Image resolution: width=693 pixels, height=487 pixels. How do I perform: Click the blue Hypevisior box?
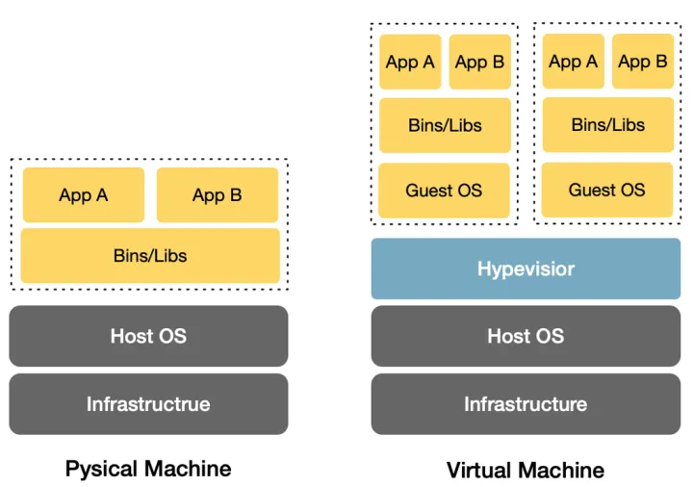click(526, 269)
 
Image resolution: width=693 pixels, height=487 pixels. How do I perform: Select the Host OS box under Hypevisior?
click(526, 336)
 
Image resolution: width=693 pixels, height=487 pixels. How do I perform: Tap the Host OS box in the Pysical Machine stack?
click(148, 336)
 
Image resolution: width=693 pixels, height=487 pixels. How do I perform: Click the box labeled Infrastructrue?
click(148, 404)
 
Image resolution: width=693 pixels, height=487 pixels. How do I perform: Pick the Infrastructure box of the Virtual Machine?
click(526, 404)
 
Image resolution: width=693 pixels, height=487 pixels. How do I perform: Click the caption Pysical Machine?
click(148, 469)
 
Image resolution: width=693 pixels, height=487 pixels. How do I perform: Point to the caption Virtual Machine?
click(526, 470)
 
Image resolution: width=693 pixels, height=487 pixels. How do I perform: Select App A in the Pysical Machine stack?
click(84, 194)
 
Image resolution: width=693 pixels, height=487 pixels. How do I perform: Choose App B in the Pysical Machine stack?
click(218, 194)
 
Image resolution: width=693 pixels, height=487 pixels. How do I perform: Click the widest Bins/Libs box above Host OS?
click(150, 256)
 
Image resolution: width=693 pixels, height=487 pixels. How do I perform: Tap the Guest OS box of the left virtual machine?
click(444, 191)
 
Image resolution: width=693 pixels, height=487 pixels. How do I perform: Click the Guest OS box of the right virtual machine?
click(607, 190)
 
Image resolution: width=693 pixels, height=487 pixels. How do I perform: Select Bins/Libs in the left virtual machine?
click(445, 125)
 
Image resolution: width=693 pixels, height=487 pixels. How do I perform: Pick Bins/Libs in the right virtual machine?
click(608, 125)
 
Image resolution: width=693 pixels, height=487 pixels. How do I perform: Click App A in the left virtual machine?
click(410, 62)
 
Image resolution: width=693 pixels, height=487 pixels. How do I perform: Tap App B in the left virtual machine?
click(480, 62)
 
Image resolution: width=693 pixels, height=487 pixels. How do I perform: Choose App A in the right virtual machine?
click(574, 62)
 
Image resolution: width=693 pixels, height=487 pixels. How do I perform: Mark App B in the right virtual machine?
click(643, 62)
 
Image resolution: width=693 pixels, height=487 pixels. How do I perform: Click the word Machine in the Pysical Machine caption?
click(188, 469)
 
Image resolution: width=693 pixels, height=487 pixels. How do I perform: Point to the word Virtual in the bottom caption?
click(482, 470)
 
